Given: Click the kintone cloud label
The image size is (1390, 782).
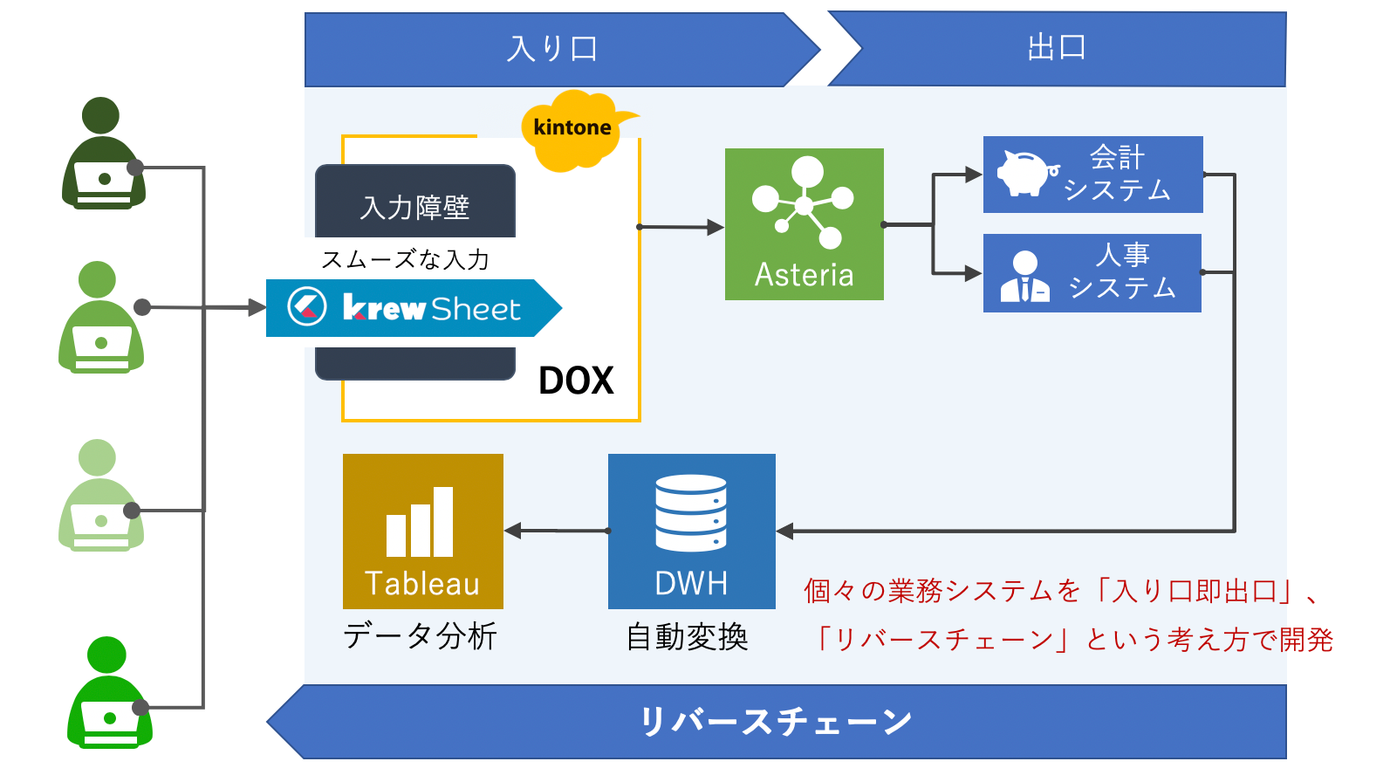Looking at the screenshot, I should click(572, 127).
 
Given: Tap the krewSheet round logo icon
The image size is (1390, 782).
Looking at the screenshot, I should click(307, 307).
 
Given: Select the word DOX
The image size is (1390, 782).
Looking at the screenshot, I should click(576, 381).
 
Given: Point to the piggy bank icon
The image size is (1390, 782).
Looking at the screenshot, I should click(1025, 173).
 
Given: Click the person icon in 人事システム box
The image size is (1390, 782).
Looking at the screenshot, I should click(1024, 277).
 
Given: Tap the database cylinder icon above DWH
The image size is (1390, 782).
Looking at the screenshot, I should click(691, 513).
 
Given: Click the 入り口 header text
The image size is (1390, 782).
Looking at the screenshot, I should click(552, 49).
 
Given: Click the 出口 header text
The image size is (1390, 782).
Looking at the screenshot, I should click(1057, 48).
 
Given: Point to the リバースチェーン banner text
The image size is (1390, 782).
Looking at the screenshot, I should click(776, 722).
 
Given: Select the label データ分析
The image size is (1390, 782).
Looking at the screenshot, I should click(420, 636).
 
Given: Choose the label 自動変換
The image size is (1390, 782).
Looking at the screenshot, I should click(688, 637).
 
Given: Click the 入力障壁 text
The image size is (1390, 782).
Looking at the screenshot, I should click(415, 208).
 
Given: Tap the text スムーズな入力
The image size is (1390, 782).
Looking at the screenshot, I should click(406, 259).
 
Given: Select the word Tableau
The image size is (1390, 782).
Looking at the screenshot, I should click(422, 584).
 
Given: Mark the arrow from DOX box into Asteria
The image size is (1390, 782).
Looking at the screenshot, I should click(682, 227).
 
